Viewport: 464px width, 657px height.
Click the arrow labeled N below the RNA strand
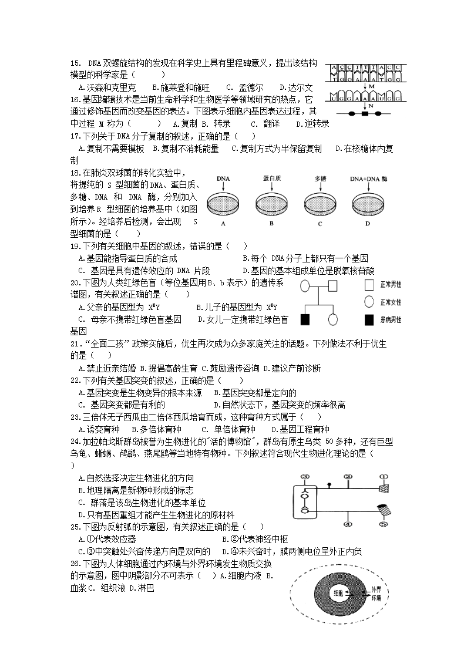(x=365, y=106)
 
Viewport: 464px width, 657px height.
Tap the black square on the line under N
(x=365, y=113)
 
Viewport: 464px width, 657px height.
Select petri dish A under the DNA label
(x=223, y=205)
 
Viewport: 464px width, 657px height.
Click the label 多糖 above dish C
(x=321, y=178)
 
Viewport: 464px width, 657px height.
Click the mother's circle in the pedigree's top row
(x=305, y=287)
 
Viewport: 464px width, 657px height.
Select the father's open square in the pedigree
(x=332, y=287)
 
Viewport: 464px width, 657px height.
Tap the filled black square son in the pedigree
(x=305, y=320)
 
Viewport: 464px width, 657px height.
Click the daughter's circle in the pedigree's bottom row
(x=332, y=320)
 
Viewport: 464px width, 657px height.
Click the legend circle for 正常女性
(x=369, y=302)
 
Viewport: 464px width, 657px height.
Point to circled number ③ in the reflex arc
(x=304, y=476)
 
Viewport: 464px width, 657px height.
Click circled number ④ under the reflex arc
(x=348, y=524)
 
